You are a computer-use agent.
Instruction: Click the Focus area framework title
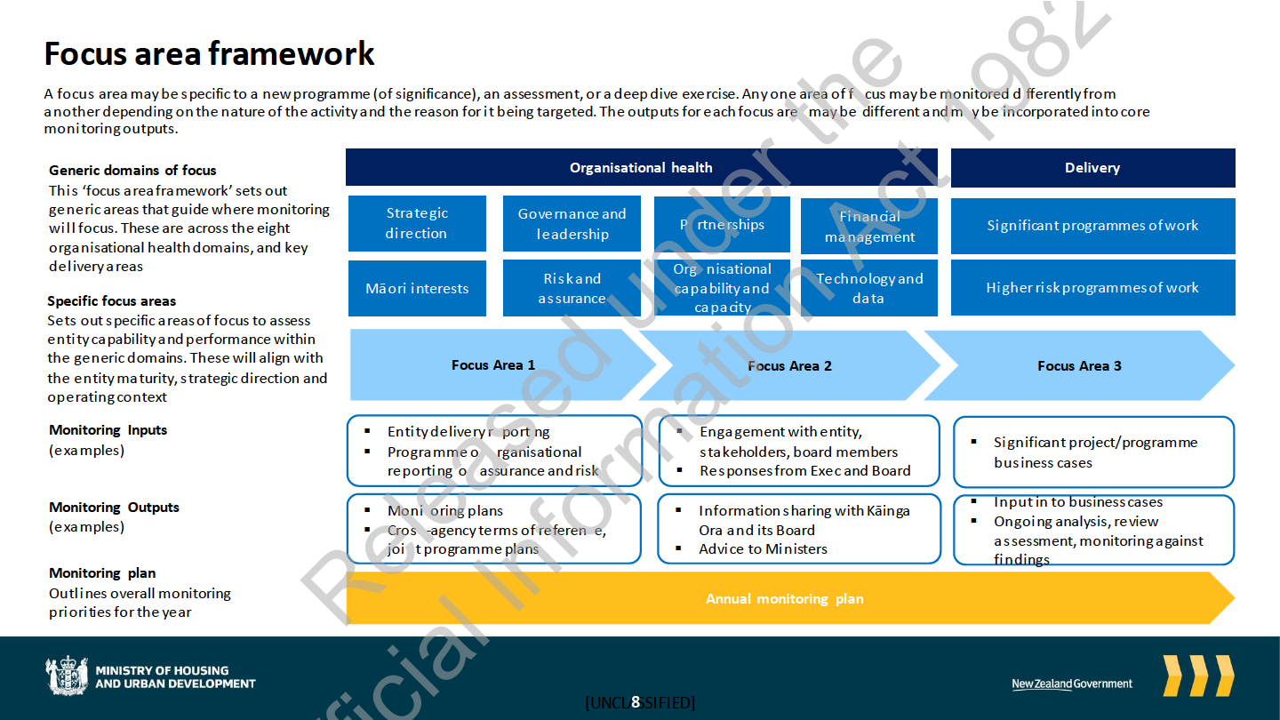coord(210,54)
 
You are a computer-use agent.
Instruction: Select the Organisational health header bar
coord(641,168)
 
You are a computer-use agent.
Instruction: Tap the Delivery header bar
coord(1092,168)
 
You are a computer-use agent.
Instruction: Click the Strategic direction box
coord(417,223)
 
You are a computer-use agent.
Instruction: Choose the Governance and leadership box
coord(572,224)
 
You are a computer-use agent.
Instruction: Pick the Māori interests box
coord(417,288)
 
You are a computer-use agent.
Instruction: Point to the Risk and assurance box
coord(572,288)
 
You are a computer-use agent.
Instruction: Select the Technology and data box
coord(868,288)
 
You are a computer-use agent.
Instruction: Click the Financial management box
coord(868,226)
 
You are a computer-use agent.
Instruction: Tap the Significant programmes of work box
coord(1092,226)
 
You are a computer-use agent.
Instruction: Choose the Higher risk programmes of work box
coord(1092,288)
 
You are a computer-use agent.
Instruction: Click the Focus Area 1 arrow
coord(493,365)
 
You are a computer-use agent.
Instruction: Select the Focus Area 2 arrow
coord(789,365)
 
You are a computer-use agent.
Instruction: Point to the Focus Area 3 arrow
coord(1079,365)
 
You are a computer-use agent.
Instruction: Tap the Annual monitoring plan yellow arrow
coord(784,599)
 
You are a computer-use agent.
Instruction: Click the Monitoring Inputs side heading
coord(108,430)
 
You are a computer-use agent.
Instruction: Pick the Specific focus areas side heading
coord(111,301)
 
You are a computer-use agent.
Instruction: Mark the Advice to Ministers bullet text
coord(763,549)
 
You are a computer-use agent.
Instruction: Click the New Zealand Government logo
coord(1072,684)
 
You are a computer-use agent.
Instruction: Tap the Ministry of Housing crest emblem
coord(68,676)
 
